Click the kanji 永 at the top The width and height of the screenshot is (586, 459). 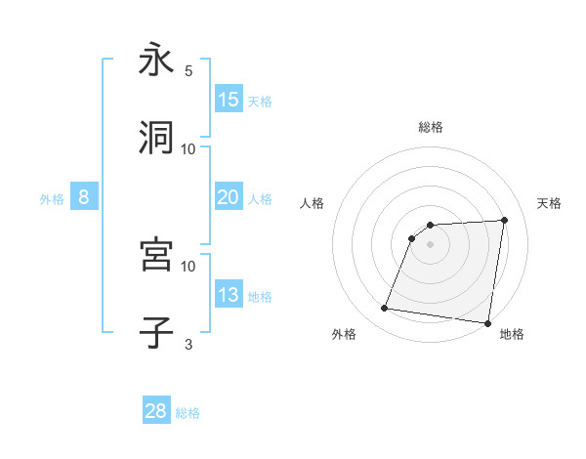156,61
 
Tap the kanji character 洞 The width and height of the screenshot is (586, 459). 156,138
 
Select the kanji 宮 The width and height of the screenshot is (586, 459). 156,255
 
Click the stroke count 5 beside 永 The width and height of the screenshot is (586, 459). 188,71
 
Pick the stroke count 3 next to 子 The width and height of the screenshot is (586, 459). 188,344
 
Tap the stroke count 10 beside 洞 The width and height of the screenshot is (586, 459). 188,148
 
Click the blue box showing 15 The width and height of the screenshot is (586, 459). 229,100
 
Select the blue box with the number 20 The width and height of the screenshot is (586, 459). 229,197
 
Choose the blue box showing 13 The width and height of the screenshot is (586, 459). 229,295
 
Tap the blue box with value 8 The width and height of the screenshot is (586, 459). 84,197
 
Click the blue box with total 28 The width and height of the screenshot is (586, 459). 156,411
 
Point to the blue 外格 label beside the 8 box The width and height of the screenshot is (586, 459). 52,198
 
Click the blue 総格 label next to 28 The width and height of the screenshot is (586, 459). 188,413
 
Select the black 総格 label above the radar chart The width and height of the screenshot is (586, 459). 431,127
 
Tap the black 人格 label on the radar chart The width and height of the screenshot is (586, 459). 313,203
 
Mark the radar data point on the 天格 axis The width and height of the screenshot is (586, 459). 504,221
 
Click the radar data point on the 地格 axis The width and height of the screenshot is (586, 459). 487,323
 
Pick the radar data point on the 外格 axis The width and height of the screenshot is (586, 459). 385,309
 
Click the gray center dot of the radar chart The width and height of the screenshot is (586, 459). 430,245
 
